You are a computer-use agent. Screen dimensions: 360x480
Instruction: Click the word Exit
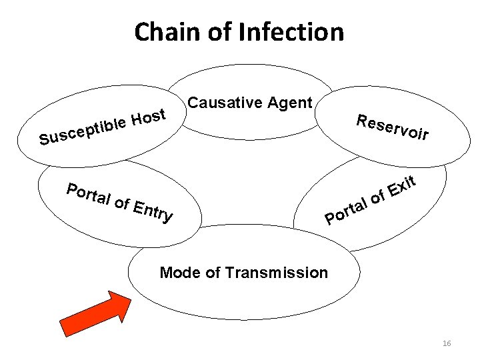(x=403, y=187)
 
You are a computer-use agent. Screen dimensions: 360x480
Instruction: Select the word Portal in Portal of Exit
(x=347, y=210)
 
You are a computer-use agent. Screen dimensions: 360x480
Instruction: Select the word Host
(x=147, y=117)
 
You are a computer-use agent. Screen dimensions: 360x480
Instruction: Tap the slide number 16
(x=447, y=343)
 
